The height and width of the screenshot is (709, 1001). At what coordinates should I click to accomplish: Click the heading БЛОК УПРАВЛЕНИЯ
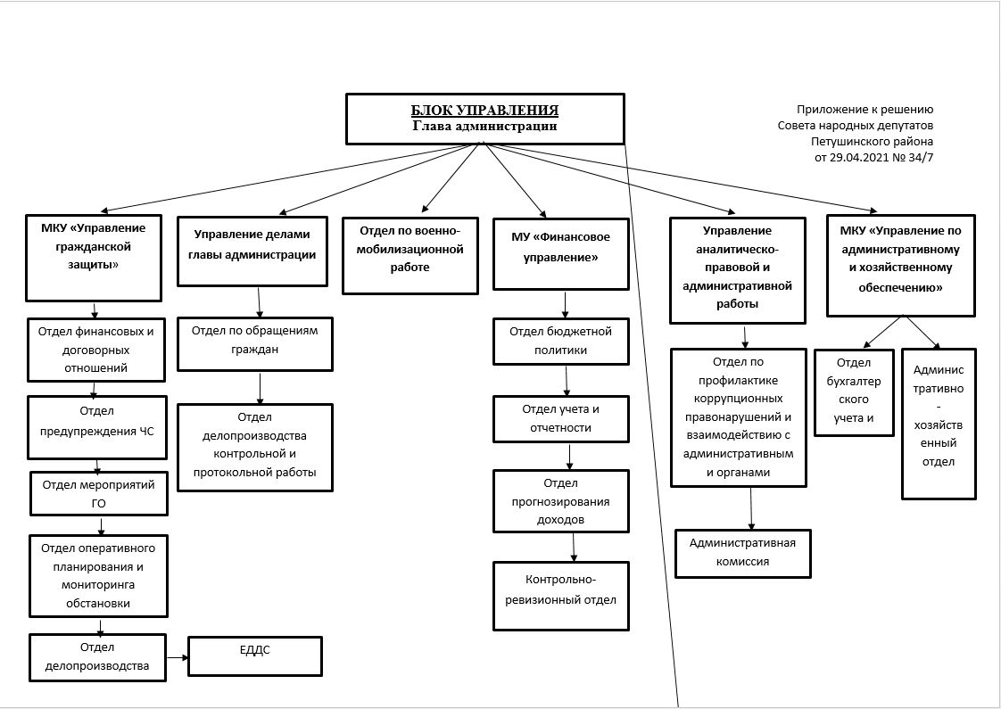pyautogui.click(x=484, y=111)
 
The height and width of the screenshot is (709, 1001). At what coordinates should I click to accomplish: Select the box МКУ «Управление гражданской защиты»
pyautogui.click(x=93, y=258)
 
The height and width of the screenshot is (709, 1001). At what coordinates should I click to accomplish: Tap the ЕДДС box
pyautogui.click(x=255, y=656)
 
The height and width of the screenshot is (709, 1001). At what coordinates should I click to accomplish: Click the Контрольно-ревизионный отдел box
pyautogui.click(x=561, y=596)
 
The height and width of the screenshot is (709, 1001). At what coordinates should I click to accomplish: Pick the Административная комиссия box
pyautogui.click(x=743, y=553)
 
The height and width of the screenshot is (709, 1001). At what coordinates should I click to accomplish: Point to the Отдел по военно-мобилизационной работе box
pyautogui.click(x=409, y=256)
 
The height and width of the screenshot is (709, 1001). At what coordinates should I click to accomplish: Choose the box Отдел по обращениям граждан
pyautogui.click(x=255, y=344)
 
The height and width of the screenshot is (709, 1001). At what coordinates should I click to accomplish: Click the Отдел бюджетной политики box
pyautogui.click(x=561, y=342)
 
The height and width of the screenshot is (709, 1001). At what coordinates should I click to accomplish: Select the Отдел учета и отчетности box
pyautogui.click(x=561, y=418)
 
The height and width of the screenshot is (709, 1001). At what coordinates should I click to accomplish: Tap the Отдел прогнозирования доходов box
pyautogui.click(x=561, y=501)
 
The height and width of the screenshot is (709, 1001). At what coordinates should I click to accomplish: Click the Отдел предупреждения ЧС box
pyautogui.click(x=97, y=427)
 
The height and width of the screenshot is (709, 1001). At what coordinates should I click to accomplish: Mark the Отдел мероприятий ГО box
pyautogui.click(x=99, y=493)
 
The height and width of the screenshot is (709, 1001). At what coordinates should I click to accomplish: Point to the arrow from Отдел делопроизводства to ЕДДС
pyautogui.click(x=178, y=657)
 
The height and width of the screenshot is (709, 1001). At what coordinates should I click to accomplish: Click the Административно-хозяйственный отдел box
pyautogui.click(x=939, y=423)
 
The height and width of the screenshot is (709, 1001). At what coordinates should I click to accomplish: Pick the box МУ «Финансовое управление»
pyautogui.click(x=561, y=254)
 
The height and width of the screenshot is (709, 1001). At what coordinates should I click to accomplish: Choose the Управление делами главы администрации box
pyautogui.click(x=252, y=251)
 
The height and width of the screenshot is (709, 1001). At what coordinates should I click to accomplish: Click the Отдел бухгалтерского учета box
pyautogui.click(x=854, y=392)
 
